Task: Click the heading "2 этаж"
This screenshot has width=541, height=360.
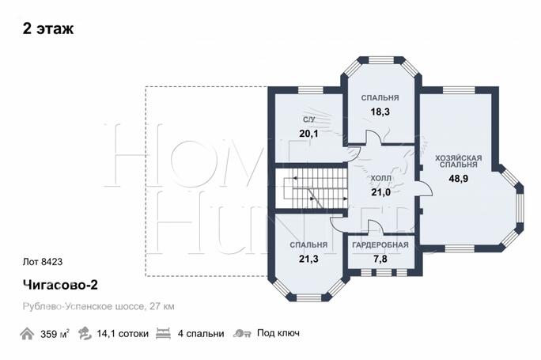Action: coord(48,28)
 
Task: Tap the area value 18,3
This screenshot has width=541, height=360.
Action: coord(380,112)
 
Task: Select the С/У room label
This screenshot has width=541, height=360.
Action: coord(308,119)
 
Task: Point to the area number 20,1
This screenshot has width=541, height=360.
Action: coord(308,133)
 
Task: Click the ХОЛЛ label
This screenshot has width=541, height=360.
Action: coord(381,179)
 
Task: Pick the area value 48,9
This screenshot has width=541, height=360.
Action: coord(458,179)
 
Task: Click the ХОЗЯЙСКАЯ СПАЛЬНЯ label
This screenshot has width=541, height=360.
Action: coord(458,161)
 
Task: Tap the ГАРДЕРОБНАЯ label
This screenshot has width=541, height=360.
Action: coord(380,245)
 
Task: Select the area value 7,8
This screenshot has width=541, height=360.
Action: coord(380,259)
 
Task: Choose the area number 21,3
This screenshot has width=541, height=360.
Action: coord(308,259)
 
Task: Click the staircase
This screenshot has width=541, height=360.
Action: coord(311,188)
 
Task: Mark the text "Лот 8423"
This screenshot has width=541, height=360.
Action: coord(43,262)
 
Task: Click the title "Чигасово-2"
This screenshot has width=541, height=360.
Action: coord(60,285)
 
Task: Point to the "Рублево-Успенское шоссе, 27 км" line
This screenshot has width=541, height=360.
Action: coord(98,306)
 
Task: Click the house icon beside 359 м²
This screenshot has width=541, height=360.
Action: coord(27,334)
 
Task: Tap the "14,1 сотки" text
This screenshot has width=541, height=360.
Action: coord(123,334)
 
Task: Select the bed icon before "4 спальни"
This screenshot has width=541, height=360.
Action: coord(163,333)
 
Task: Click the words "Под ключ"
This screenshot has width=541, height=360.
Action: coord(278,333)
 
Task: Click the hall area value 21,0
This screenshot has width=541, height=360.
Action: coord(381,192)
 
